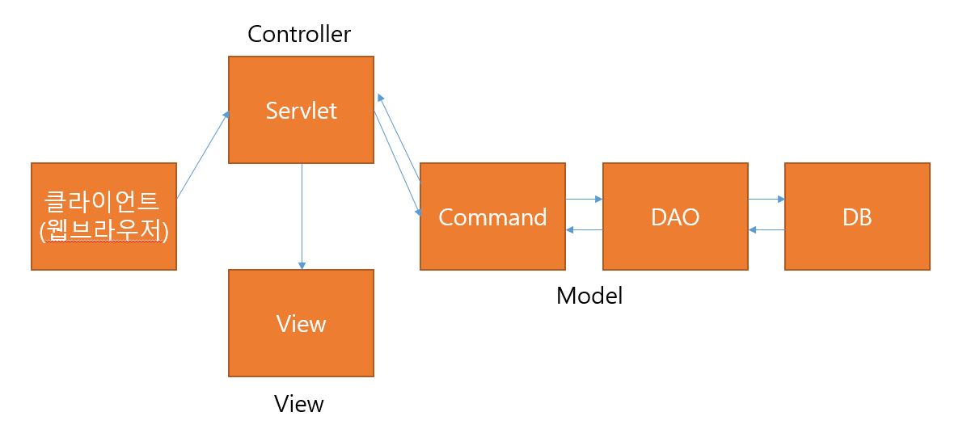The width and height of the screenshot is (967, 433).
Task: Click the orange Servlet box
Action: point(301,110)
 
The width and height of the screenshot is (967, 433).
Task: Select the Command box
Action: point(492,216)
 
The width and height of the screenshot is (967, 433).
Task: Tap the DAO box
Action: point(675,216)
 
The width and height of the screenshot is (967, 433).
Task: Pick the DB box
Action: point(857,216)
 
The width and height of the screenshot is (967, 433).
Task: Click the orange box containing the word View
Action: point(301,323)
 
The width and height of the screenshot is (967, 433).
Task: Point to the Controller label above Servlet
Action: point(299,34)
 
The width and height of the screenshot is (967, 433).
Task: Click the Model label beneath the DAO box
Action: point(589,296)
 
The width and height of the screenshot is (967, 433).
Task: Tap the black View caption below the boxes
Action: point(299,404)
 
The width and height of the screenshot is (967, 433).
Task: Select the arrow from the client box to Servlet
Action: point(203,155)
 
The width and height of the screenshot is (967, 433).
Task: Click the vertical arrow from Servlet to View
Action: point(302,216)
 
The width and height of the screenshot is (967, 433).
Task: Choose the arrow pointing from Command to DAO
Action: point(584,199)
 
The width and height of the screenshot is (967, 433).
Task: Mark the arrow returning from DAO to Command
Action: point(584,229)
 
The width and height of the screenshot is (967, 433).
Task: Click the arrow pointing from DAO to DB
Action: point(766,199)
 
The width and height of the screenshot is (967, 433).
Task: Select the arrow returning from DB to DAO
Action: point(766,229)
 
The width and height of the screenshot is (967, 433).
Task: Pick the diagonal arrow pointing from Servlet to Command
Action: point(397,163)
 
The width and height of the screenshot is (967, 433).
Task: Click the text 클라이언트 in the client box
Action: point(103,201)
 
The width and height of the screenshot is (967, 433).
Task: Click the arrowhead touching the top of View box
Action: point(302,265)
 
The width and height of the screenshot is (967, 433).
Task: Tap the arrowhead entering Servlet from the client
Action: point(226,116)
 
